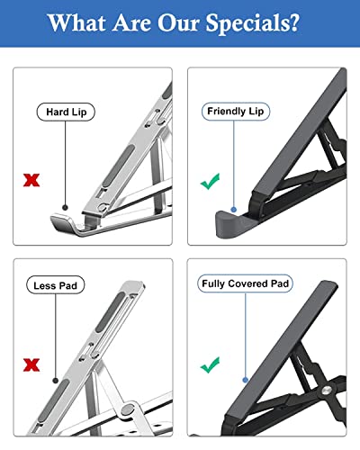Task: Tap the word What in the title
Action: [x=76, y=22]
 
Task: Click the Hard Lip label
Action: [x=66, y=112]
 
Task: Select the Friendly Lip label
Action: [x=236, y=112]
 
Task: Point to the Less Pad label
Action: [x=55, y=285]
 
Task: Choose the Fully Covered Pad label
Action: [x=245, y=283]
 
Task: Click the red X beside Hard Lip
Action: [x=31, y=180]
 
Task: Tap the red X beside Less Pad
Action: [x=31, y=364]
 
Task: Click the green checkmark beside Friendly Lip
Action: [x=211, y=181]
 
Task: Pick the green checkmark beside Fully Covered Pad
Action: [x=211, y=364]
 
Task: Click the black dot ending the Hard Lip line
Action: [x=65, y=207]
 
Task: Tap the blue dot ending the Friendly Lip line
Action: [x=234, y=210]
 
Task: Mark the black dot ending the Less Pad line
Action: [x=56, y=381]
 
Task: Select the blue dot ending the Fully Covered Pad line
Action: [x=245, y=380]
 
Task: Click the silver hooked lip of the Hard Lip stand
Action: [x=64, y=223]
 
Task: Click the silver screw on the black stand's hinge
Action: [x=327, y=390]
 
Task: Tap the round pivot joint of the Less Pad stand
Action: [x=129, y=409]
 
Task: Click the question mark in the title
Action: [x=294, y=22]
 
